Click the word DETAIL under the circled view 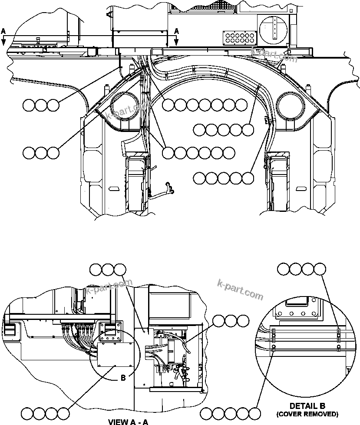[301, 406]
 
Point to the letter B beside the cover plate [123, 378]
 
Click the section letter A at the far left [4, 31]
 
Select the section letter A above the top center [176, 31]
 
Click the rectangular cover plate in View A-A [116, 353]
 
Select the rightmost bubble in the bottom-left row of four [63, 413]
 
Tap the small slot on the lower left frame [114, 189]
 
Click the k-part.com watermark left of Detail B [240, 290]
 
